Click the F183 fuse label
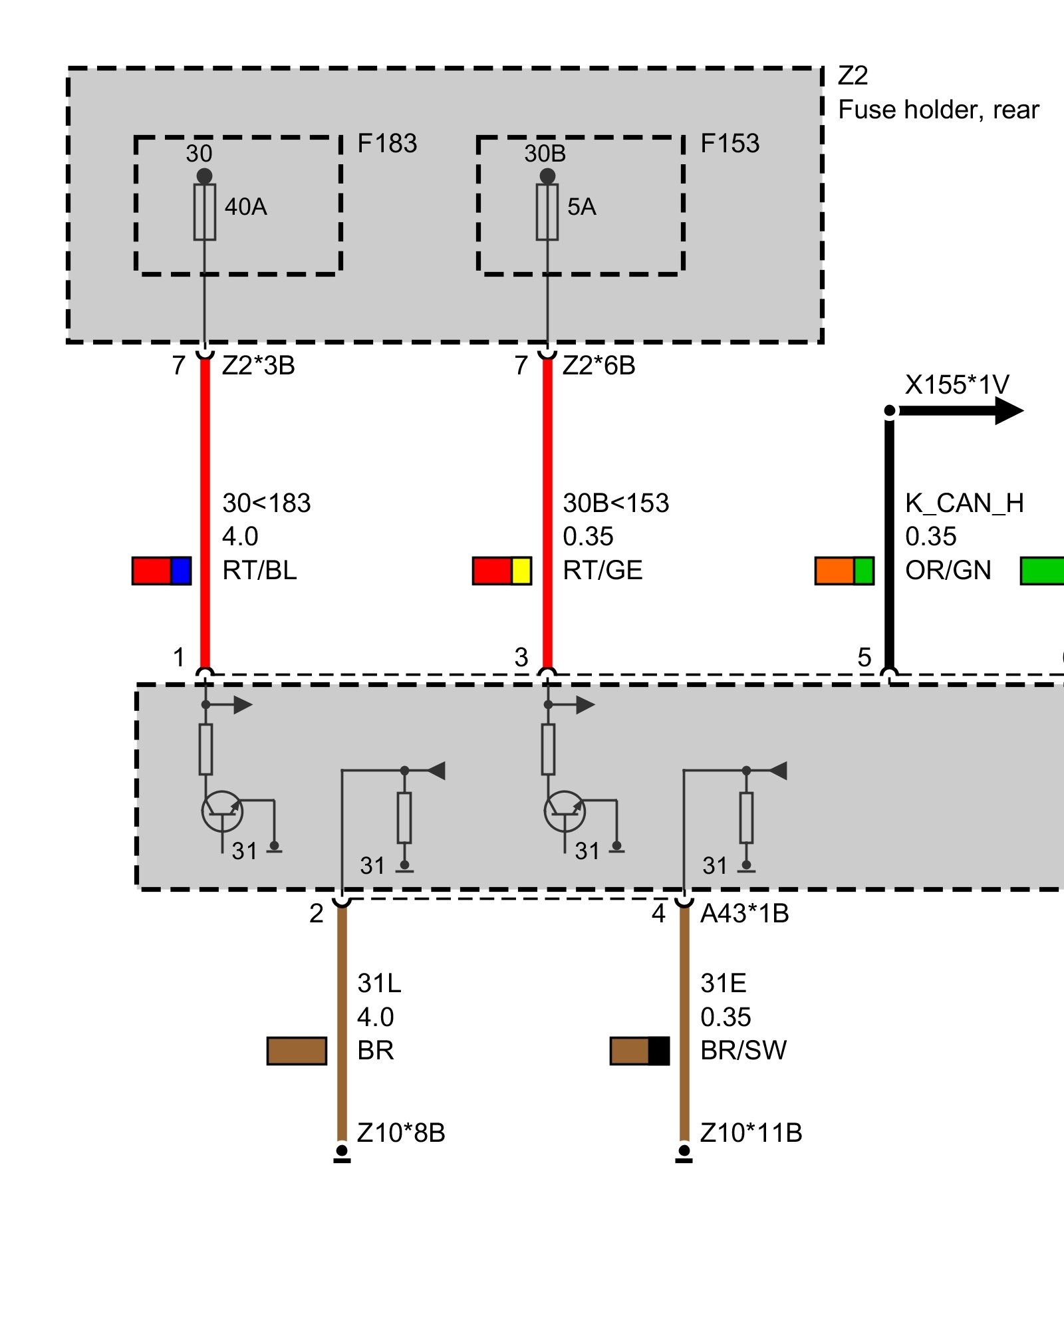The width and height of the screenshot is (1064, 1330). pos(387,144)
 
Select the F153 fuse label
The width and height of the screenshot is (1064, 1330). pos(730,144)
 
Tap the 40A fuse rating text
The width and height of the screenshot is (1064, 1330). pos(245,207)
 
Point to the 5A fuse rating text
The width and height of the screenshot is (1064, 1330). pos(581,207)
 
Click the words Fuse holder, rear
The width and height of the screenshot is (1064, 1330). pos(938,110)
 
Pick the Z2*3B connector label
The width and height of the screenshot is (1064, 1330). pos(258,366)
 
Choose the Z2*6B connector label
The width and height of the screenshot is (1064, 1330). pos(598,366)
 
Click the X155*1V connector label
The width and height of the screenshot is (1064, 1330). pos(956,385)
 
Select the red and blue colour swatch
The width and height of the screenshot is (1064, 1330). pos(162,571)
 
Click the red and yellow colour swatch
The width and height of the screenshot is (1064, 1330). pos(502,571)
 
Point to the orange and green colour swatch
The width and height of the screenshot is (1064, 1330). pos(844,571)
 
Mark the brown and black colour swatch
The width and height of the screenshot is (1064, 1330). pos(640,1051)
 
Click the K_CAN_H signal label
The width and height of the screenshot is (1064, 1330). pos(964,503)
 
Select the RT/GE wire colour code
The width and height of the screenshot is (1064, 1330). pos(602,571)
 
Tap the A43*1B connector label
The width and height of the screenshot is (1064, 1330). pos(744,914)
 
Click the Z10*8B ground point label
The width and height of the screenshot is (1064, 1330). pos(400,1132)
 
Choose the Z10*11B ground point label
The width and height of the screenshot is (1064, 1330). pos(751,1132)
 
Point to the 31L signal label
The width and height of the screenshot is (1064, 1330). pos(379,983)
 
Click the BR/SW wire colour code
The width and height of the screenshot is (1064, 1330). pos(743,1051)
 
